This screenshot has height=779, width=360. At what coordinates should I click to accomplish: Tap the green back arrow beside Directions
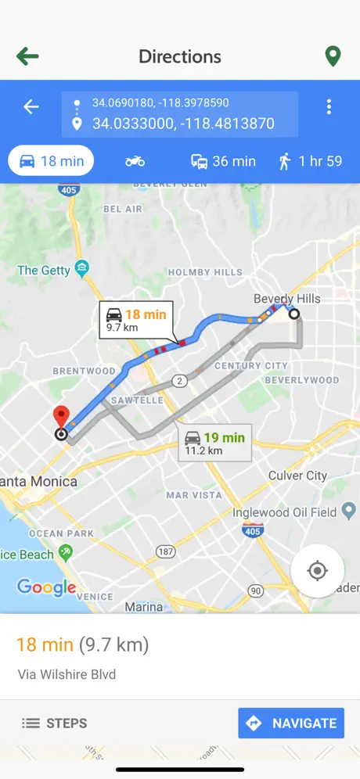tap(27, 56)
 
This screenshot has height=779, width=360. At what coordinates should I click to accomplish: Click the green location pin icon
tap(333, 56)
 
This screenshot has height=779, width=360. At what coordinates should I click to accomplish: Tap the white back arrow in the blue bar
tap(31, 107)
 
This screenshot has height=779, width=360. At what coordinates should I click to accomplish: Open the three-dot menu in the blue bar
tap(329, 107)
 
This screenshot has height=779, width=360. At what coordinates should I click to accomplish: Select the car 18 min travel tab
tap(51, 161)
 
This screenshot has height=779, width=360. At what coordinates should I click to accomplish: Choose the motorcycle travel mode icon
tap(135, 161)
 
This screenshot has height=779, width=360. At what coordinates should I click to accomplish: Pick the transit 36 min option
tap(223, 161)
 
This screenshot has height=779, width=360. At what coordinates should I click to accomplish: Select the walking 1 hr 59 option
tap(310, 161)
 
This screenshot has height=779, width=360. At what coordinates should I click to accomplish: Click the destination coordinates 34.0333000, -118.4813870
tap(183, 124)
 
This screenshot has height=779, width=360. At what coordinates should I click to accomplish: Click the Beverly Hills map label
tap(286, 299)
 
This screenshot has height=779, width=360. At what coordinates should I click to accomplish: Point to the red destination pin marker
tap(60, 418)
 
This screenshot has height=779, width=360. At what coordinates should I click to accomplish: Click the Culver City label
tap(297, 476)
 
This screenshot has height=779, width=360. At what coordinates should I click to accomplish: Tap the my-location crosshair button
tap(317, 571)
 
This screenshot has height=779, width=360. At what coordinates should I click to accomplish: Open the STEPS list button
tap(54, 723)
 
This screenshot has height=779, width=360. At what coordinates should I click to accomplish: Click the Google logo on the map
tap(47, 587)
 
